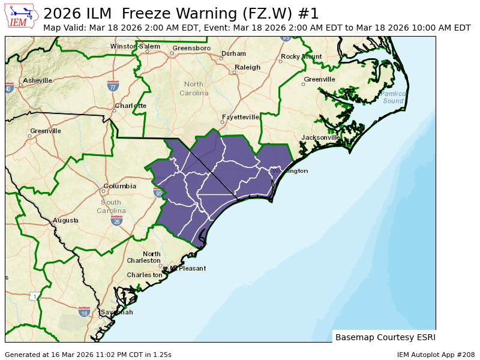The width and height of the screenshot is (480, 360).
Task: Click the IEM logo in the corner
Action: pyautogui.click(x=22, y=16)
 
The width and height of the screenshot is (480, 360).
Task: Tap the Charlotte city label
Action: pyautogui.click(x=131, y=106)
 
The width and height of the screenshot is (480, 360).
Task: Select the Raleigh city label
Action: pyautogui.click(x=247, y=67)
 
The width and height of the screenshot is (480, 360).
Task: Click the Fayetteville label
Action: pyautogui.click(x=240, y=117)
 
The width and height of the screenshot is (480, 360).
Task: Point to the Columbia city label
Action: pyautogui.click(x=120, y=186)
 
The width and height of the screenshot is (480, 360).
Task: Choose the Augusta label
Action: pyautogui.click(x=65, y=220)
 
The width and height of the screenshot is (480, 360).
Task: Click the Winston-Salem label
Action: pyautogui.click(x=135, y=46)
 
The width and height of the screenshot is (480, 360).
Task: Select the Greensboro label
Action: pyautogui.click(x=191, y=48)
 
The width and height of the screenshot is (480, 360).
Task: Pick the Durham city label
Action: pyautogui.click(x=233, y=53)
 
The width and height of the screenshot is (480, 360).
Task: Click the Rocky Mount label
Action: pyautogui.click(x=301, y=56)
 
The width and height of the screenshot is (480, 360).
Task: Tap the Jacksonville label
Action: pyautogui.click(x=321, y=137)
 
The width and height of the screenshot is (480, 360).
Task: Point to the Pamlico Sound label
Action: pyautogui.click(x=393, y=97)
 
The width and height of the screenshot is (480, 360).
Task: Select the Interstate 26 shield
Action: pyautogui.click(x=116, y=221)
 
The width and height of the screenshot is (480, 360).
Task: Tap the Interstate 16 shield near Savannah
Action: pyautogui.click(x=84, y=312)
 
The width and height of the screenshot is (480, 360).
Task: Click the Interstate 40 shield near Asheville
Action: pyautogui.click(x=8, y=88)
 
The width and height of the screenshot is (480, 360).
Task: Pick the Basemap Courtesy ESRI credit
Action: pyautogui.click(x=385, y=337)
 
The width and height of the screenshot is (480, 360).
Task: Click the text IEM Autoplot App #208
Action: pyautogui.click(x=436, y=355)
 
